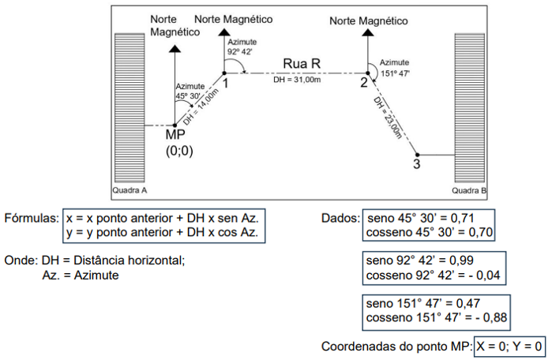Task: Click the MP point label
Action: [175, 136]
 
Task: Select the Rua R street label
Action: [300, 63]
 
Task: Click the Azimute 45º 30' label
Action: [190, 91]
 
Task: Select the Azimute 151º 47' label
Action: [394, 66]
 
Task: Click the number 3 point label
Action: [416, 164]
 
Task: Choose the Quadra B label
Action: [469, 191]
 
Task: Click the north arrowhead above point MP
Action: [175, 47]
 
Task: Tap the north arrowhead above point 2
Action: [366, 34]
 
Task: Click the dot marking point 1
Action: [224, 72]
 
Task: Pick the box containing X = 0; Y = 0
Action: [509, 347]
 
